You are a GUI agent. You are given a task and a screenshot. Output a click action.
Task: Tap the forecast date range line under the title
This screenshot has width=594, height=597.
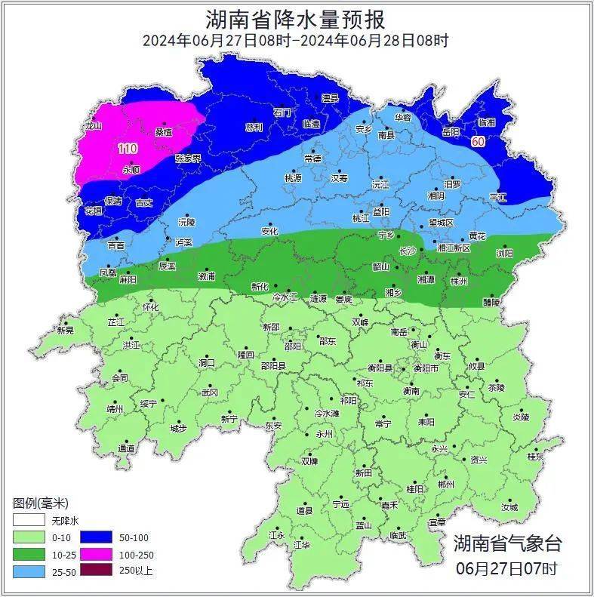point(296,41)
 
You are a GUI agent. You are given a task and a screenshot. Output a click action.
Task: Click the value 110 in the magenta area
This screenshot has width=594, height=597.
point(128,149)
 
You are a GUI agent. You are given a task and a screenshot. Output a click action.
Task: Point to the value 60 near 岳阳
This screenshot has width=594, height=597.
point(478,141)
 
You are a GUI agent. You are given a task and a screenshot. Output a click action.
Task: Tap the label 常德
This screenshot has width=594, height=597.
point(312,158)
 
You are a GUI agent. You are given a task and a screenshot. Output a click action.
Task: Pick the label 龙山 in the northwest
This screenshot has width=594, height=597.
point(93,126)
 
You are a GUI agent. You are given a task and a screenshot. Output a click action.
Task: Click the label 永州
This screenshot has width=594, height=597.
point(324,434)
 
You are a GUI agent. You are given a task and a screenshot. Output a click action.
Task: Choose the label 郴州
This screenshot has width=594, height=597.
point(445,484)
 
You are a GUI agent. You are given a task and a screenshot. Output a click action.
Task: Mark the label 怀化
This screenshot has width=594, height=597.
point(150,307)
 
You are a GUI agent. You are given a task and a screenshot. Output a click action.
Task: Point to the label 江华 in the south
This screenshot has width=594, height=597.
point(301,544)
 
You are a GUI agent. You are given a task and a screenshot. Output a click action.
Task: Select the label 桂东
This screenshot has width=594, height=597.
point(535,457)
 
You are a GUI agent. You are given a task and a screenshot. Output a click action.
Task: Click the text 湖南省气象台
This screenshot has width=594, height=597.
point(507,543)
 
